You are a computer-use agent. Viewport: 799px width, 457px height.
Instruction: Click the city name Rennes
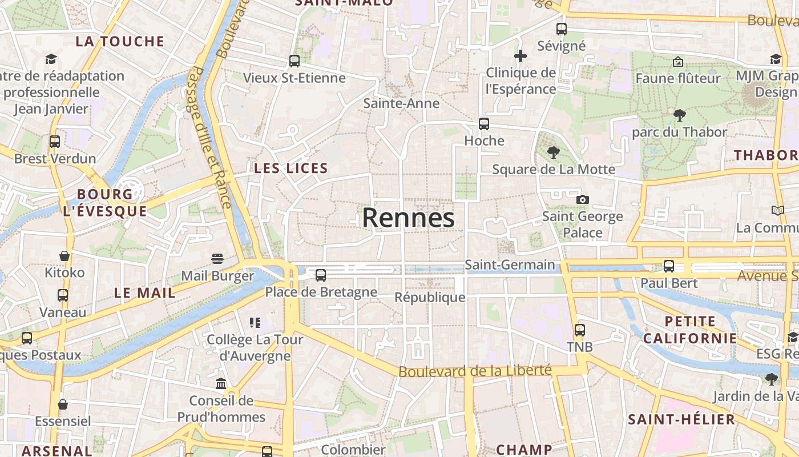click(x=408, y=218)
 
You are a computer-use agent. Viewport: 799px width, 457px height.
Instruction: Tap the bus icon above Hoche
click(x=484, y=124)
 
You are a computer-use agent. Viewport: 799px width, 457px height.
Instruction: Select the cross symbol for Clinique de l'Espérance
click(x=520, y=56)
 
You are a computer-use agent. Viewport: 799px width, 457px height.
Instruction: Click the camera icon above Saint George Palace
click(x=582, y=199)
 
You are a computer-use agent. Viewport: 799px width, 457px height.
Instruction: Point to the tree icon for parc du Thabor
click(x=679, y=115)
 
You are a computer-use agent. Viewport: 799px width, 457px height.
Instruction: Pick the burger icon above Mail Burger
click(x=217, y=259)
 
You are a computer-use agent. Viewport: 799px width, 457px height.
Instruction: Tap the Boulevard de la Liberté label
click(x=475, y=371)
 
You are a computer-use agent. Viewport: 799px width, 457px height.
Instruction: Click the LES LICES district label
click(x=291, y=168)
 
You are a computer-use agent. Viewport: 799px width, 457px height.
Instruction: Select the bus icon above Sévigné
click(x=562, y=29)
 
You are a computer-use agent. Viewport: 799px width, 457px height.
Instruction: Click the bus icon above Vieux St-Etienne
click(x=294, y=61)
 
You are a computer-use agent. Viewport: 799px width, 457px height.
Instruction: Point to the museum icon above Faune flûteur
click(x=678, y=61)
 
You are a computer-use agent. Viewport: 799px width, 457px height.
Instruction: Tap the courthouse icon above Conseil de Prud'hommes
click(x=221, y=383)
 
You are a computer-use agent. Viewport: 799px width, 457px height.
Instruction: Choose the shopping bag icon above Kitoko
click(x=64, y=255)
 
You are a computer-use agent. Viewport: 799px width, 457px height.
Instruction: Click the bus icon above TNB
click(x=580, y=330)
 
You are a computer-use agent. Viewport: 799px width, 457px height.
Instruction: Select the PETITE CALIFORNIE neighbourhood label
click(x=690, y=330)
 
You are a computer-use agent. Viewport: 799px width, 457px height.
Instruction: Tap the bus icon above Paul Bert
click(x=669, y=266)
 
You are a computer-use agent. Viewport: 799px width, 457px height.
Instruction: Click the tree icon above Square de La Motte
click(x=553, y=152)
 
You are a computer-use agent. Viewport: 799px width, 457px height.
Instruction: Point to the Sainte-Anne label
click(x=401, y=103)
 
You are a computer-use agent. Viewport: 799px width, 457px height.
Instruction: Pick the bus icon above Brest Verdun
click(x=55, y=142)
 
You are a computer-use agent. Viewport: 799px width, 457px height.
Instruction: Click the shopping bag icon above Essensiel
click(x=63, y=404)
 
